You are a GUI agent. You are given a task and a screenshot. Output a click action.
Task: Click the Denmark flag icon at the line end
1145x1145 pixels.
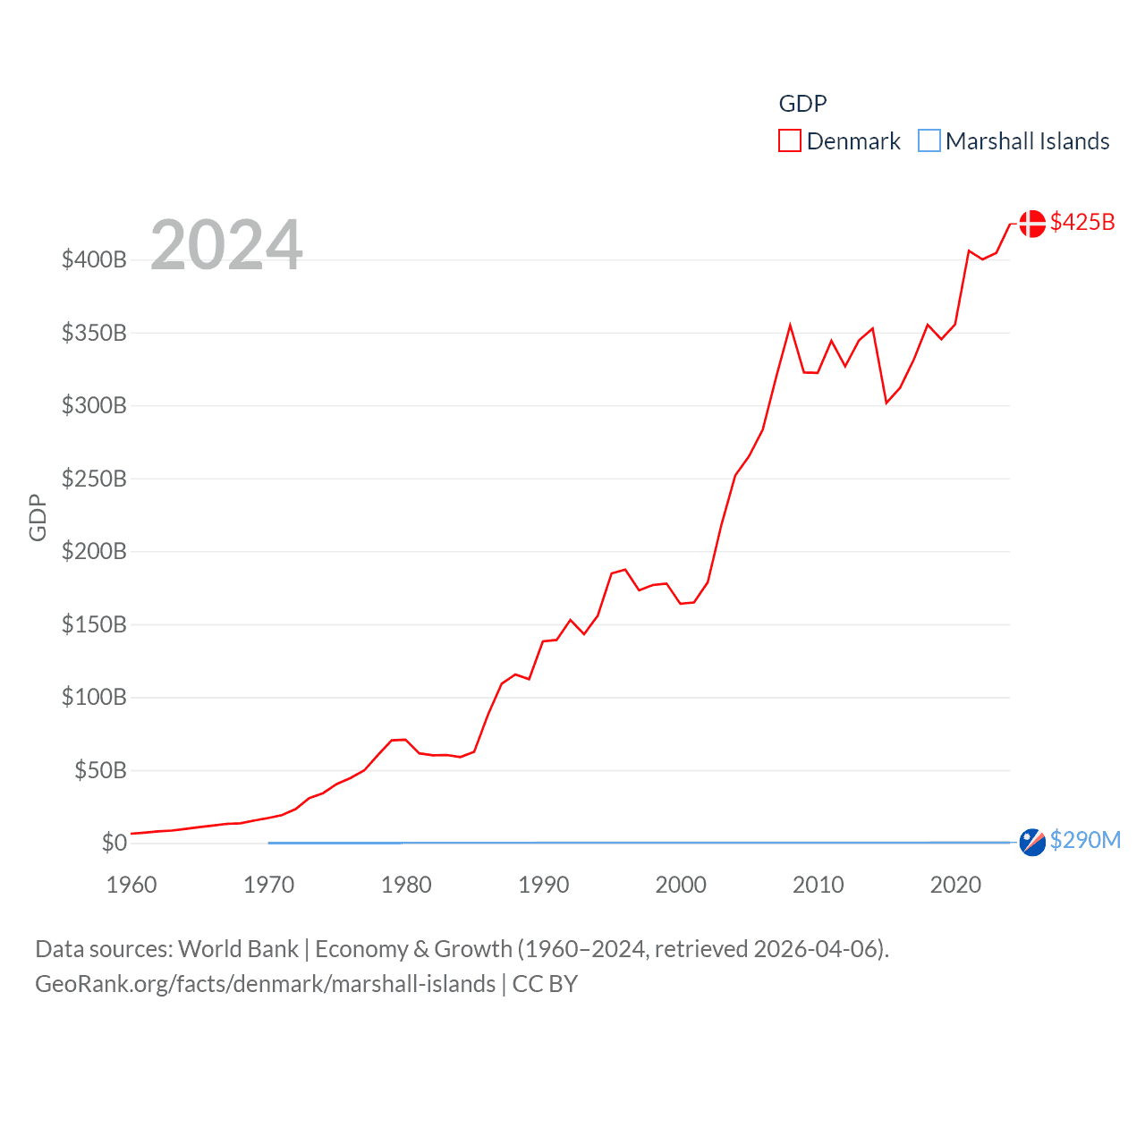pyautogui.click(x=1032, y=224)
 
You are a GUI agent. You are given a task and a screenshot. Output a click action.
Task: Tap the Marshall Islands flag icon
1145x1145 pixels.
pyautogui.click(x=1032, y=842)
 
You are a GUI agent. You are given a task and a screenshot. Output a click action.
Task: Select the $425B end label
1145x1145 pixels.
pyautogui.click(x=1082, y=222)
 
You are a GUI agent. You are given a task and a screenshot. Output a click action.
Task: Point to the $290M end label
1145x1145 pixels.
pyautogui.click(x=1085, y=840)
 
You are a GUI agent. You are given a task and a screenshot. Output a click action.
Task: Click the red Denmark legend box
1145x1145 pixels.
pyautogui.click(x=789, y=141)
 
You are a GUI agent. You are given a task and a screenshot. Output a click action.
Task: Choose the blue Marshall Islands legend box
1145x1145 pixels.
pyautogui.click(x=929, y=141)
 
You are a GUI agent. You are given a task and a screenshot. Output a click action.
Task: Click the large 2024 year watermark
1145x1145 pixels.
pyautogui.click(x=226, y=245)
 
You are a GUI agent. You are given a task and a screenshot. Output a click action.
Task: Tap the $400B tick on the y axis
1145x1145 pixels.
pyautogui.click(x=94, y=260)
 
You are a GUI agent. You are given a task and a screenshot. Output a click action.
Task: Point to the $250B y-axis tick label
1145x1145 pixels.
pyautogui.click(x=94, y=479)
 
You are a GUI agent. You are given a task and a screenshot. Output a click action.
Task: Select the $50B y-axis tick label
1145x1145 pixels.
pyautogui.click(x=100, y=770)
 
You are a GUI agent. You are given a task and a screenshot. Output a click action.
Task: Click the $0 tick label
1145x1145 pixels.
pyautogui.click(x=114, y=843)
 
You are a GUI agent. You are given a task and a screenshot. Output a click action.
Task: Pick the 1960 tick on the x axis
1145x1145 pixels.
pyautogui.click(x=131, y=885)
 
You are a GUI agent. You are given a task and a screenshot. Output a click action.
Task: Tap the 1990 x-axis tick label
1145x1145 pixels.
pyautogui.click(x=543, y=885)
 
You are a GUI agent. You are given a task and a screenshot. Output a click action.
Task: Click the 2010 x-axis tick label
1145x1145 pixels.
pyautogui.click(x=818, y=885)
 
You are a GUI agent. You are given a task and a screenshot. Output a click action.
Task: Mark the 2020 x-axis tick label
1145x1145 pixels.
pyautogui.click(x=955, y=885)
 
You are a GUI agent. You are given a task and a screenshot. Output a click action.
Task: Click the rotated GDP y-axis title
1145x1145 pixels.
pyautogui.click(x=38, y=517)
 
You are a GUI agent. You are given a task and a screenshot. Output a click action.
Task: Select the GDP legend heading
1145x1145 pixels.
pyautogui.click(x=802, y=104)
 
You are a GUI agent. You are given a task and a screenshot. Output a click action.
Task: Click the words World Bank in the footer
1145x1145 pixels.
pyautogui.click(x=238, y=949)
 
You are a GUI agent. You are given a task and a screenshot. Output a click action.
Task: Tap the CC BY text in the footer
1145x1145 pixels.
pyautogui.click(x=545, y=984)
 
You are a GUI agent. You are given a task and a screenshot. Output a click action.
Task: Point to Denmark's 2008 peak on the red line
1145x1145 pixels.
pyautogui.click(x=790, y=326)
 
